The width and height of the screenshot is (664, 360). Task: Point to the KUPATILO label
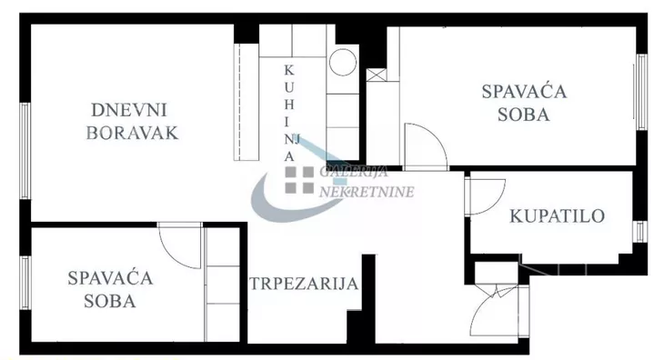click(557, 216)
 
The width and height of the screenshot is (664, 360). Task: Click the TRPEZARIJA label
click(304, 284)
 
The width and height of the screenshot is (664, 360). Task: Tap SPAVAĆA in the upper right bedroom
click(524, 91)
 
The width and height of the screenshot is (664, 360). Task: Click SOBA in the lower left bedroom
click(109, 301)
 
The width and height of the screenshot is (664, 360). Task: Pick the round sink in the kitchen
click(343, 63)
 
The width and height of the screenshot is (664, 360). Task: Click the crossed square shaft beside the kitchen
click(376, 76)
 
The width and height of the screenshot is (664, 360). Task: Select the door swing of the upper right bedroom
click(424, 145)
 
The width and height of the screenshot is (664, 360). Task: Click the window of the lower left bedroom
click(25, 287)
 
